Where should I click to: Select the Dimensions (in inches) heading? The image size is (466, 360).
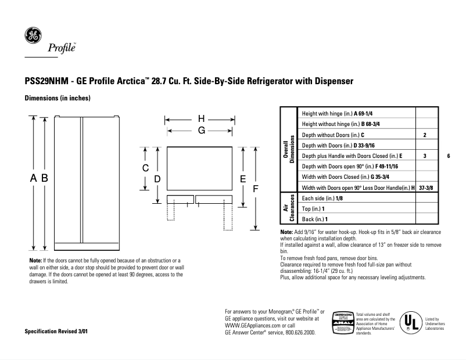pos(57,99)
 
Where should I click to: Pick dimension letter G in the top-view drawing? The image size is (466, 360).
pos(201,131)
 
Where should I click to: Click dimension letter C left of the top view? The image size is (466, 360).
pos(146,168)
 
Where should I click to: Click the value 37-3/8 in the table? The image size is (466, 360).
pos(425,188)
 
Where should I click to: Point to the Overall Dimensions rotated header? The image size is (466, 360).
pos(289,150)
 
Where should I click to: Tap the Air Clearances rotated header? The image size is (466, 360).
pos(289,208)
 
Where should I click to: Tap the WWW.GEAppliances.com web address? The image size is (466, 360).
pos(250,325)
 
